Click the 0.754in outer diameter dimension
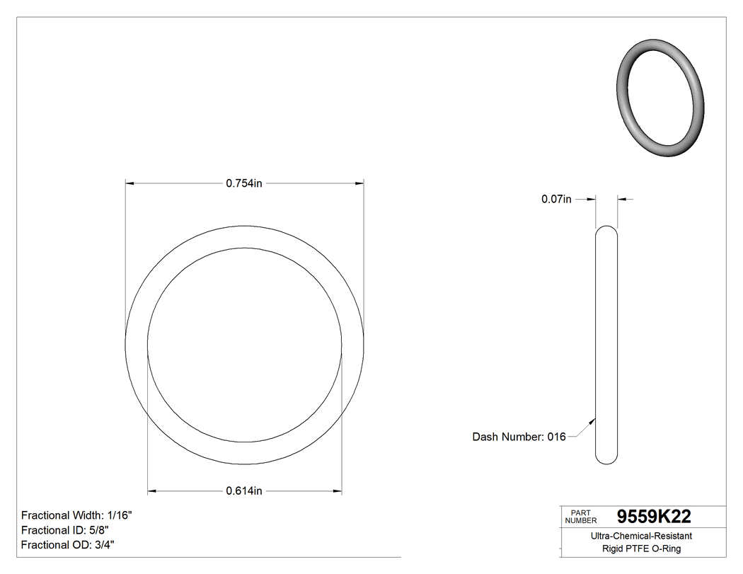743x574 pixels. pyautogui.click(x=244, y=183)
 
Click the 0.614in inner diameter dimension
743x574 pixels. pyautogui.click(x=244, y=490)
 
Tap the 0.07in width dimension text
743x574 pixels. pyautogui.click(x=556, y=200)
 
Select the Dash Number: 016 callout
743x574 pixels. pyautogui.click(x=519, y=437)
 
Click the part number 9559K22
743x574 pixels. pyautogui.click(x=654, y=516)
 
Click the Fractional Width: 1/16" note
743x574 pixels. pyautogui.click(x=76, y=515)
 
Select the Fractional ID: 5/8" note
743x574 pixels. pyautogui.click(x=65, y=530)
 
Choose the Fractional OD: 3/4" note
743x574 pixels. pyautogui.click(x=68, y=545)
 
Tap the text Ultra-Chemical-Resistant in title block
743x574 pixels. pyautogui.click(x=641, y=536)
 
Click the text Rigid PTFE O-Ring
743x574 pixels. pyautogui.click(x=641, y=549)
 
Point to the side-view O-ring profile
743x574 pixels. pyautogui.click(x=606, y=345)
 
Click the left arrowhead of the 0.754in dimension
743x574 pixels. pyautogui.click(x=129, y=183)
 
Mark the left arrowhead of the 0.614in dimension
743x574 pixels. pyautogui.click(x=151, y=490)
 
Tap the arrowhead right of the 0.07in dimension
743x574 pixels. pyautogui.click(x=622, y=200)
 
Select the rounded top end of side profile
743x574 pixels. pyautogui.click(x=606, y=230)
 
